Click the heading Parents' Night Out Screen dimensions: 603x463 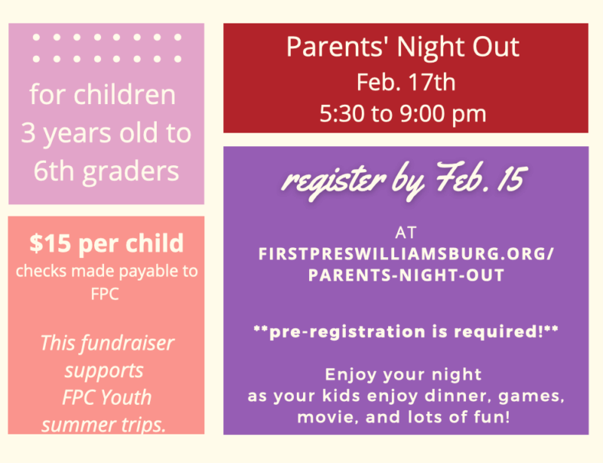tap(403, 48)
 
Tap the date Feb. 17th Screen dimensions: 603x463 tap(406, 82)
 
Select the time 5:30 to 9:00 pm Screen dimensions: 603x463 tap(403, 114)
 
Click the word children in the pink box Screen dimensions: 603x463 tap(124, 94)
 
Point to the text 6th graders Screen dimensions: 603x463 tap(106, 171)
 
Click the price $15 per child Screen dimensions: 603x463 tap(106, 244)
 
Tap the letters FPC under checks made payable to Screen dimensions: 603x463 tap(105, 294)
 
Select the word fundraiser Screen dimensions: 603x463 tap(127, 342)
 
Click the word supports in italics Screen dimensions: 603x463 tap(104, 371)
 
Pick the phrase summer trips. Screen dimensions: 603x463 tap(104, 425)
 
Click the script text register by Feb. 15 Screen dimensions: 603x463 tap(405, 179)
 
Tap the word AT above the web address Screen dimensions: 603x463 tap(406, 233)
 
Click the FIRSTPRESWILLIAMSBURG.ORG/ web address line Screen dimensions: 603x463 tap(406, 254)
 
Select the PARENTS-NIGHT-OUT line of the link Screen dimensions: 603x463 tap(406, 275)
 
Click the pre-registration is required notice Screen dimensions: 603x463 tap(406, 332)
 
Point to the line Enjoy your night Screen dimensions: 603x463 tap(403, 375)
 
